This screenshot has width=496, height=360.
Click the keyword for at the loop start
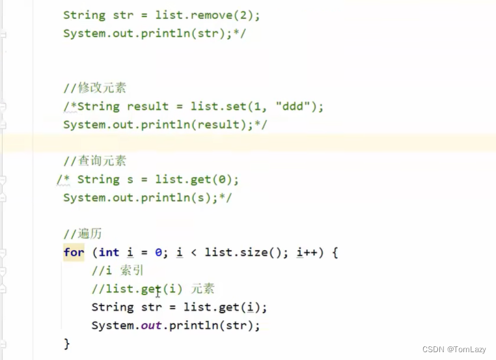click(74, 252)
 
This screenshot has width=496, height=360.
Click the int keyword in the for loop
click(109, 252)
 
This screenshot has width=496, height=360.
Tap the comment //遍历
click(82, 234)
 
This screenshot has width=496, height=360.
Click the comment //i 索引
click(118, 271)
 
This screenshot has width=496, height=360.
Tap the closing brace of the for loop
click(66, 343)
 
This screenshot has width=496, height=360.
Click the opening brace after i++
click(335, 252)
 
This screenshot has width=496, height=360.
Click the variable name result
click(148, 106)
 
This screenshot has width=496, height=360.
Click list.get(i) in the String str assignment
click(225, 307)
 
